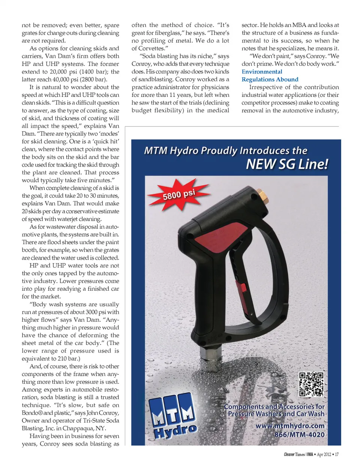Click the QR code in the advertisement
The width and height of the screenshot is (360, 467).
tap(311, 384)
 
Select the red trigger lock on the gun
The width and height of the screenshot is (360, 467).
tap(243, 288)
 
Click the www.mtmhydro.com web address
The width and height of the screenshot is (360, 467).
tap(290, 426)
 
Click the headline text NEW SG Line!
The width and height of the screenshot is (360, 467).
tap(287, 164)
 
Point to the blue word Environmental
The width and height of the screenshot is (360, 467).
tap(262, 72)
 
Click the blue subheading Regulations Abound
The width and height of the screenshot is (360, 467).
tap(270, 80)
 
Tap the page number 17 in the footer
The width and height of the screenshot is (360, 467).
tap(336, 454)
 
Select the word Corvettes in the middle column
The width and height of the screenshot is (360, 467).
tap(151, 48)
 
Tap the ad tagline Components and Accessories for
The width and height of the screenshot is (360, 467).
tap(274, 407)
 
